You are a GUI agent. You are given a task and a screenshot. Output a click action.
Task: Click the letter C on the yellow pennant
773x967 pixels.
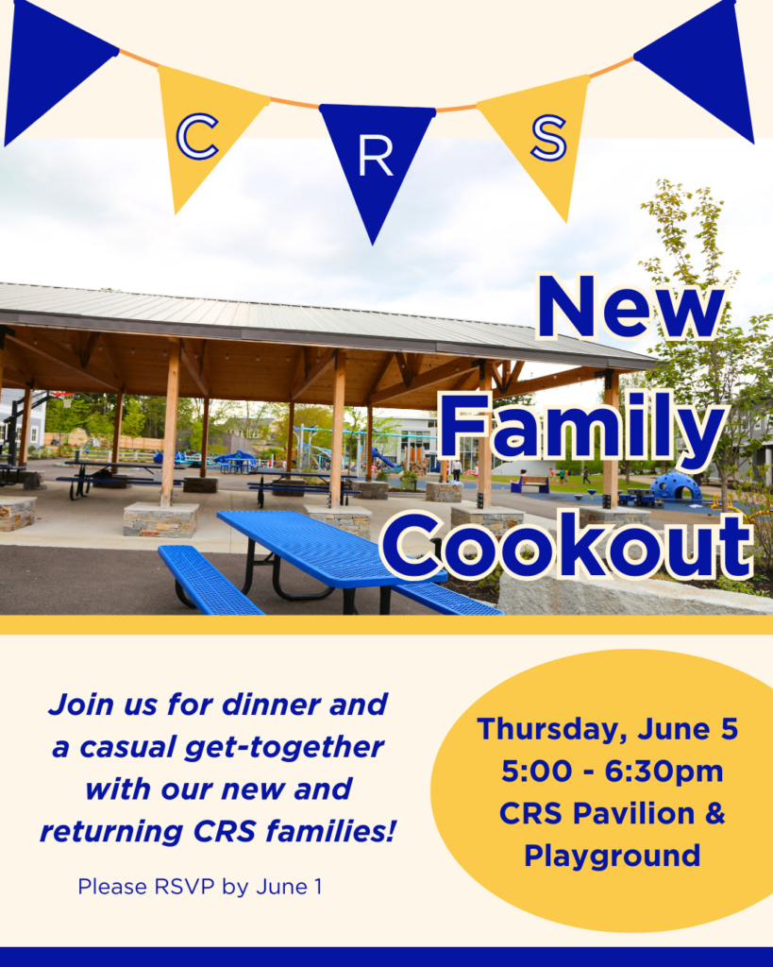click(197, 137)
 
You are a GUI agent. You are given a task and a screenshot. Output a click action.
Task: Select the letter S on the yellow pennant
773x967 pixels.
click(548, 138)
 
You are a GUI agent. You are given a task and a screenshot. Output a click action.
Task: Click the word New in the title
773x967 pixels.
click(630, 307)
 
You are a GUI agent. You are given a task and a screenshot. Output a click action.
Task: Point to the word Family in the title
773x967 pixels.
click(581, 431)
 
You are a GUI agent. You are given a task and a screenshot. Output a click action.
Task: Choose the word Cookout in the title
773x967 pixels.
click(567, 546)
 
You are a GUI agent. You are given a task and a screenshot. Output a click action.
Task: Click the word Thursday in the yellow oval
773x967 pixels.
click(552, 730)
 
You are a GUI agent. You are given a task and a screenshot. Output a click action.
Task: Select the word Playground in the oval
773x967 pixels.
click(613, 857)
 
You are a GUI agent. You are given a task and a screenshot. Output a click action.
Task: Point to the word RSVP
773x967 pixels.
click(184, 886)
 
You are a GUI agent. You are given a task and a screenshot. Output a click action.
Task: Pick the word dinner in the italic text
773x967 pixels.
click(271, 704)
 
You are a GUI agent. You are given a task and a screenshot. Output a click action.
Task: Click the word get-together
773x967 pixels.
click(283, 748)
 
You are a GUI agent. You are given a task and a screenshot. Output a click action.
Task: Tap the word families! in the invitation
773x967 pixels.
click(329, 831)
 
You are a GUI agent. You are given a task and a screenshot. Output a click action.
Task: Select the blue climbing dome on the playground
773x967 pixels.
click(675, 487)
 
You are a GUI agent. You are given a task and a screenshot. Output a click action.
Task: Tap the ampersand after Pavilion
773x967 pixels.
click(714, 813)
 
